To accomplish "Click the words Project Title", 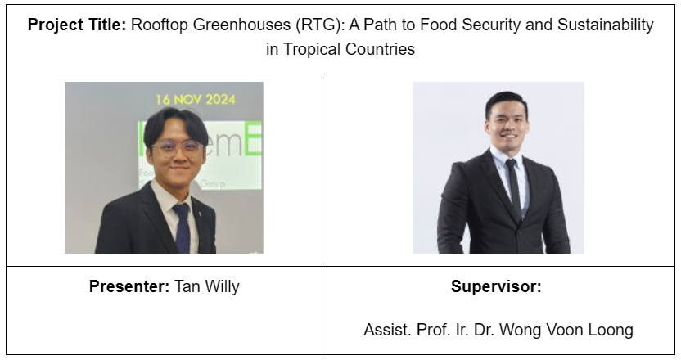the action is click(x=77, y=25).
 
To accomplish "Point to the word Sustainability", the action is click(x=606, y=25).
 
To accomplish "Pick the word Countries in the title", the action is click(x=380, y=49).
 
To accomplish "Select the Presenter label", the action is click(x=129, y=286).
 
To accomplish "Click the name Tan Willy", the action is click(x=207, y=286).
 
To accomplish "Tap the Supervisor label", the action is click(x=496, y=286).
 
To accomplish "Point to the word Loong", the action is click(x=611, y=330).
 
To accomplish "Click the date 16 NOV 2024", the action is click(x=196, y=100).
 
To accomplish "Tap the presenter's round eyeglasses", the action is click(x=177, y=147).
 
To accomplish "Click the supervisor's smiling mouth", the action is click(x=509, y=136).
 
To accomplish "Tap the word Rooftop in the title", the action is click(x=160, y=25).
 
